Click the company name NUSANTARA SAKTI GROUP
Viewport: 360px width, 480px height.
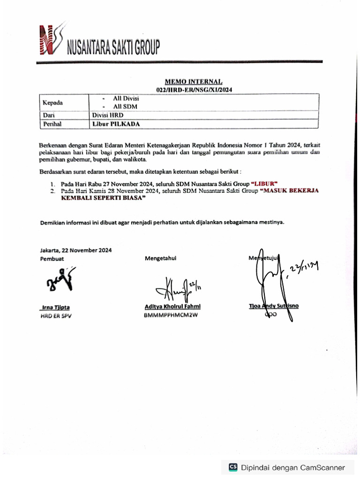pos(113,47)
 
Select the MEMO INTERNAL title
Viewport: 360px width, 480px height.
pos(193,82)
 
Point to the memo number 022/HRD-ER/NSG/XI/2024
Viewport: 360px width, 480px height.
pos(194,89)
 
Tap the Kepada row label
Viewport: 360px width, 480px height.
pos(52,103)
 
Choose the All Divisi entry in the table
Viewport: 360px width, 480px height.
pos(126,99)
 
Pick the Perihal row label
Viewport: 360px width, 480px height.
pos(52,124)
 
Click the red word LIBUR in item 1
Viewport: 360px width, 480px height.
pos(265,184)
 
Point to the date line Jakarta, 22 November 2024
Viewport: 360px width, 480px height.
pos(75,250)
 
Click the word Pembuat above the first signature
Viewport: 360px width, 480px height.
pos(52,258)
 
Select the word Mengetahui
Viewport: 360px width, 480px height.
pos(161,258)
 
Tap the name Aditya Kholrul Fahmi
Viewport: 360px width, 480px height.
pos(172,307)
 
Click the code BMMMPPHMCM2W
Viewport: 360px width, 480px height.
pos(171,315)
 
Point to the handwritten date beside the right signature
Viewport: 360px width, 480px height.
pos(304,268)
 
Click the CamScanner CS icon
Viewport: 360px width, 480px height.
pos(233,467)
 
